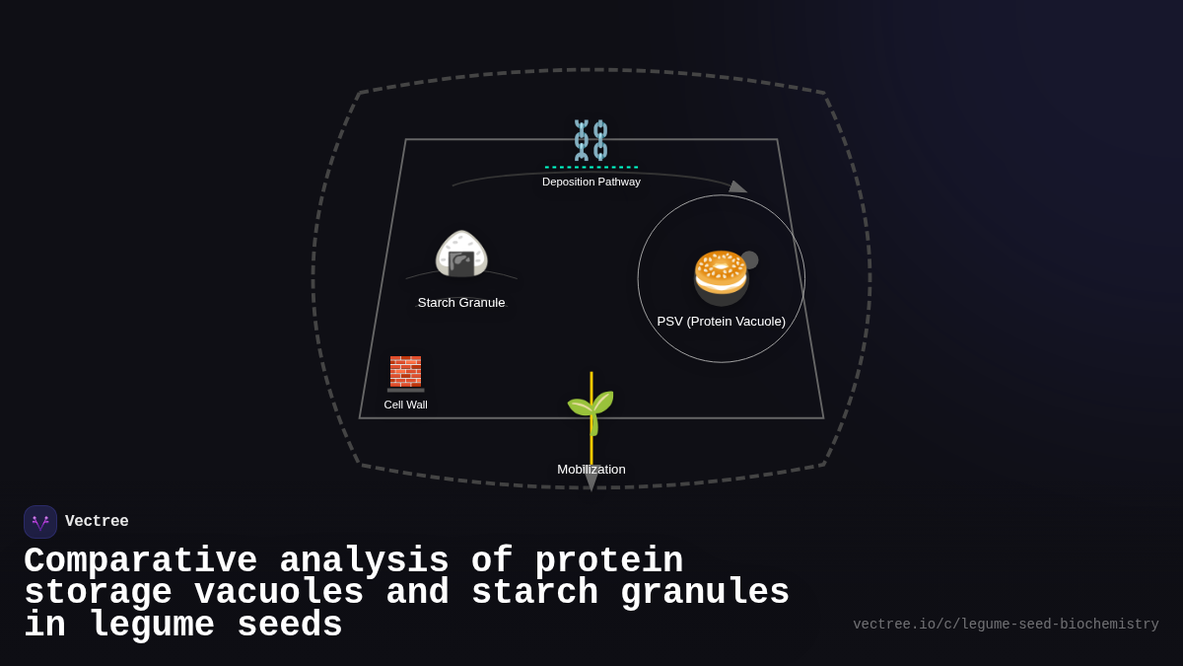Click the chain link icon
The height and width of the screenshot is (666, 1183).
pyautogui.click(x=591, y=140)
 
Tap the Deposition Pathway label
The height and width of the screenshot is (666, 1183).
pyautogui.click(x=591, y=182)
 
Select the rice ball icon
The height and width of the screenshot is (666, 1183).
pyautogui.click(x=461, y=255)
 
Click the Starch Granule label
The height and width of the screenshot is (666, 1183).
pyautogui.click(x=461, y=303)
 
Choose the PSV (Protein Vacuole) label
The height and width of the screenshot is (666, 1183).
pyautogui.click(x=721, y=322)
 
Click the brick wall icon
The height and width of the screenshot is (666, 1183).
pyautogui.click(x=405, y=373)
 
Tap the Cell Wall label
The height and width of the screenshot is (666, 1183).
pyautogui.click(x=405, y=405)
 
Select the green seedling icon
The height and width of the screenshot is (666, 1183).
pyautogui.click(x=591, y=409)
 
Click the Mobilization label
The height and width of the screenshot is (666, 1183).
pyautogui.click(x=591, y=470)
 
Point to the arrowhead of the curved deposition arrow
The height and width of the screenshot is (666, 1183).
pyautogui.click(x=737, y=186)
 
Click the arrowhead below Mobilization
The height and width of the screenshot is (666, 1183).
pyautogui.click(x=591, y=481)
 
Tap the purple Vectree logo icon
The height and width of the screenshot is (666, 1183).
pyautogui.click(x=40, y=522)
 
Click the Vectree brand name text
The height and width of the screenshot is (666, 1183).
pyautogui.click(x=97, y=522)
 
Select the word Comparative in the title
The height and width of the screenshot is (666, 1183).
pyautogui.click(x=140, y=561)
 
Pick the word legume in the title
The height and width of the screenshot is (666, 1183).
pyautogui.click(x=151, y=626)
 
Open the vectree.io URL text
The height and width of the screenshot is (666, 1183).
pyautogui.click(x=1006, y=625)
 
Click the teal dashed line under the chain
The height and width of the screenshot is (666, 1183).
pyautogui.click(x=591, y=167)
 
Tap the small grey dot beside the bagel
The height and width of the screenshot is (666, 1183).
pyautogui.click(x=749, y=259)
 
